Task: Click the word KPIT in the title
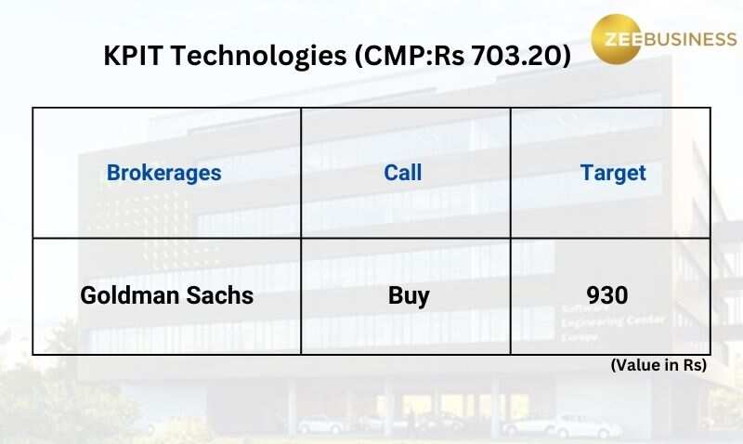coord(133,56)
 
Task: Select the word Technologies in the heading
coord(259,57)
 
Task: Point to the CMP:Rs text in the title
coord(411,56)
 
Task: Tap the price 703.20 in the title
coord(518,56)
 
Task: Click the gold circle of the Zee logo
coord(616,39)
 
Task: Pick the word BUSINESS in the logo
coord(690,39)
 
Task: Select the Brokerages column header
coord(164,174)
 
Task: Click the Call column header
coord(403,173)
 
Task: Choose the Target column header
coord(613,174)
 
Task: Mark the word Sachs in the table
coord(219,295)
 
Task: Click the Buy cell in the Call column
coord(409,296)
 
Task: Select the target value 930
coord(607,295)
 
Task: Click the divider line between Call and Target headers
coord(510,173)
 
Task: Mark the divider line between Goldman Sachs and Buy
coord(301,296)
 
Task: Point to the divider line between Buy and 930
coord(510,296)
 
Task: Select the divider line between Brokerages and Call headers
coord(301,173)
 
